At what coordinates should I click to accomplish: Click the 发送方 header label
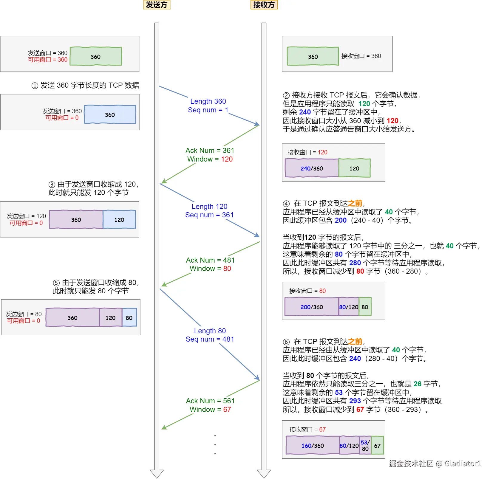point(157,5)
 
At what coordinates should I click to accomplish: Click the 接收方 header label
point(264,5)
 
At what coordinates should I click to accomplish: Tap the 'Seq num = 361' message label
point(209,215)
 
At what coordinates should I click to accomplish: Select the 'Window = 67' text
point(210,410)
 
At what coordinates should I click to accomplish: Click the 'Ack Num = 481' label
point(210,260)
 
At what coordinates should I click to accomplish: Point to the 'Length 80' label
point(210,331)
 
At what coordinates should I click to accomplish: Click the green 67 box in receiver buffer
point(377,446)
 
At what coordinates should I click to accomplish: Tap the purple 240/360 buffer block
point(312,168)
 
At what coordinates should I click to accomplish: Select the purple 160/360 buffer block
point(313,446)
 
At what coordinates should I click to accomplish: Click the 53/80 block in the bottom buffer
point(365,446)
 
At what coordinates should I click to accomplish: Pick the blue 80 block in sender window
point(129,318)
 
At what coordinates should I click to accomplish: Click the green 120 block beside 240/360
point(354,168)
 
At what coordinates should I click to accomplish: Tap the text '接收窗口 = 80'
point(307,291)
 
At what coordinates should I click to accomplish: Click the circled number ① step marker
point(35,86)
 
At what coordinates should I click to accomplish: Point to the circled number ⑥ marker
point(286,342)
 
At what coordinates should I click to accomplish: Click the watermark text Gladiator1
point(463,464)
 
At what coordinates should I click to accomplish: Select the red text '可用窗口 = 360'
point(48,60)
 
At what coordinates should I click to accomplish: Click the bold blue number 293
point(355,401)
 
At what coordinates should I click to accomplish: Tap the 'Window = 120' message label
point(210,159)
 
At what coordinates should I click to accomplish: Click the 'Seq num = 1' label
point(208,110)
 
